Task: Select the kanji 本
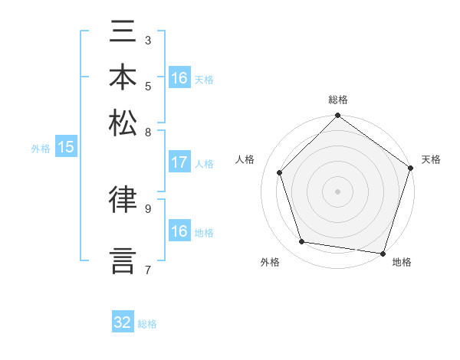tap(123, 77)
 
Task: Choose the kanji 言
tap(123, 259)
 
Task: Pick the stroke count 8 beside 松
tap(148, 131)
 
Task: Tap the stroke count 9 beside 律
tap(148, 207)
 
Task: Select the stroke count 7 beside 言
tap(148, 269)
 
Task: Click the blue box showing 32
tap(123, 322)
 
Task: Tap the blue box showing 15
tap(65, 147)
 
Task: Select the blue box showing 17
tap(179, 162)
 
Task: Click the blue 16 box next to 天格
tap(179, 78)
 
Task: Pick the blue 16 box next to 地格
tap(179, 231)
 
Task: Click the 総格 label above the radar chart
tap(338, 100)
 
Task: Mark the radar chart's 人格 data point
tap(280, 172)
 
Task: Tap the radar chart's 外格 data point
tap(302, 242)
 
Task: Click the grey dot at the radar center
tap(337, 191)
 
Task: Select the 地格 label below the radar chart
tap(402, 262)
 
